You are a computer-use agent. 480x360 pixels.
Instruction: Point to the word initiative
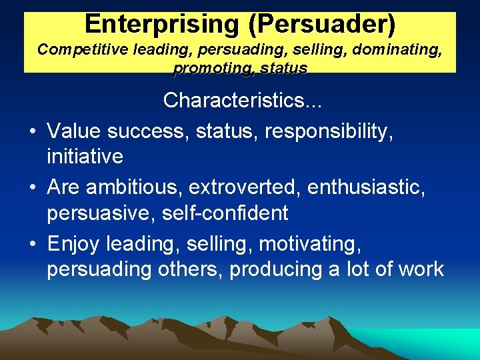click(x=85, y=157)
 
